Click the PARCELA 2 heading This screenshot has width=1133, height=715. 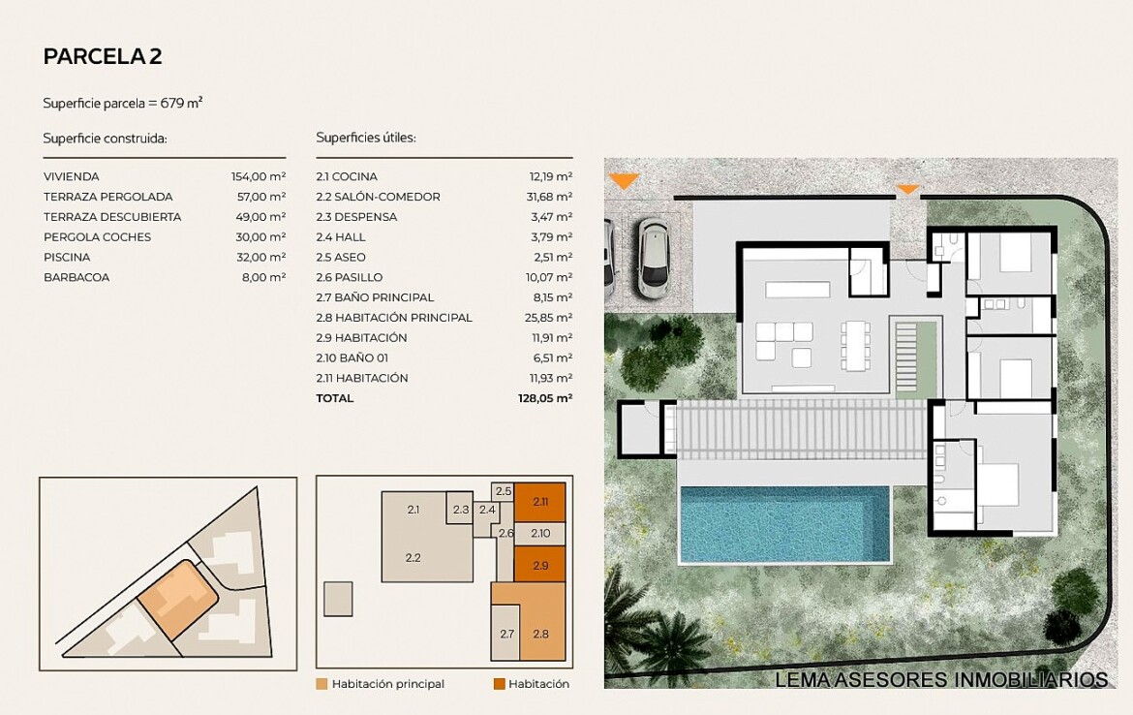pos(103,56)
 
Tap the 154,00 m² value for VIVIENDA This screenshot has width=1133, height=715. pos(259,176)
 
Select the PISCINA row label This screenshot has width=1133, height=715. pos(67,258)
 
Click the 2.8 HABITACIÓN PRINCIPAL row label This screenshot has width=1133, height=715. pos(394,318)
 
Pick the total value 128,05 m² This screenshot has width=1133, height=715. pos(545,398)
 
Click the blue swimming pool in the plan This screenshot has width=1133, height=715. pos(784,524)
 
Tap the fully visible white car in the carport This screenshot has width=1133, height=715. pos(654,258)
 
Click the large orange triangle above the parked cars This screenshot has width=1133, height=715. pos(625,181)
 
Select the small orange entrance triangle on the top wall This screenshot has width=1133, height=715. pos(907,190)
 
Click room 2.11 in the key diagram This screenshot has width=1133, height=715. pos(539,502)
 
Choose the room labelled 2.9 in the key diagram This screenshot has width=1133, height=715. pos(539,565)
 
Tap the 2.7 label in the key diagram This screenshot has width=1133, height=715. pos(506,634)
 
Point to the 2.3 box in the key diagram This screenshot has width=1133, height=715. pos(460,509)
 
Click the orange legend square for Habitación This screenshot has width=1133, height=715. pos(500,684)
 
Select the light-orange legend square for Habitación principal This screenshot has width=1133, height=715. pos(322,684)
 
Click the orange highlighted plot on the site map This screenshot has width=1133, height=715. pos(178,600)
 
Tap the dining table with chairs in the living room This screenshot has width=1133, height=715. pos(855,346)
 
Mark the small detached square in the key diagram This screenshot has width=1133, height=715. pos(338,600)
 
